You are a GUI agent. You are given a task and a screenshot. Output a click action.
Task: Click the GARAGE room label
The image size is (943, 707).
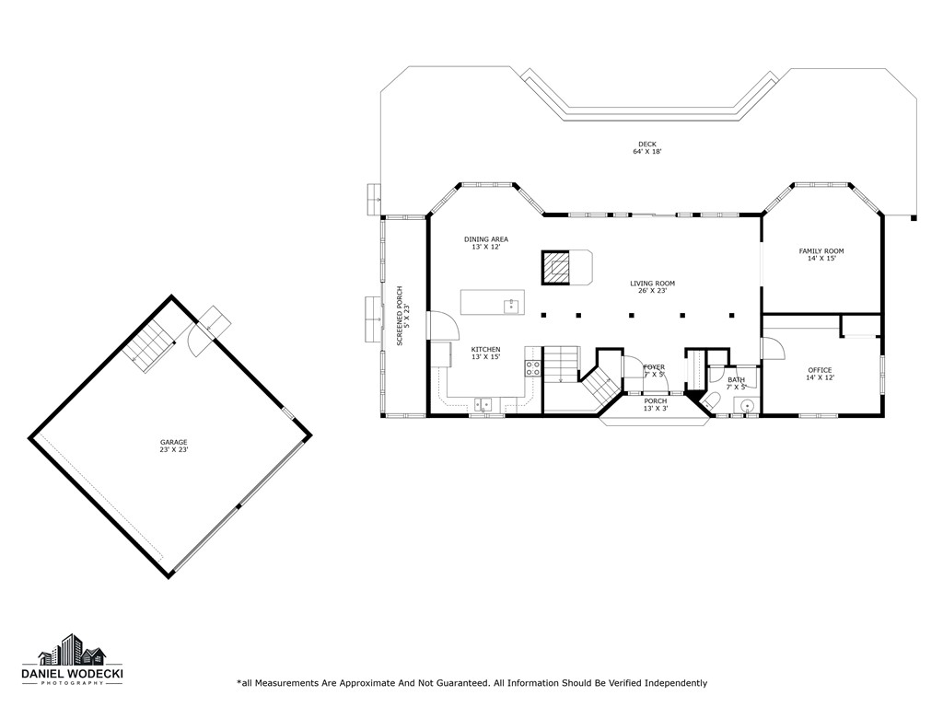click(173, 442)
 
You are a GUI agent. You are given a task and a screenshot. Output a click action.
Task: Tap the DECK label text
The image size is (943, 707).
click(647, 145)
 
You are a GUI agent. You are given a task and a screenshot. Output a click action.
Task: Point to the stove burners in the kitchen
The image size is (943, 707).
click(532, 368)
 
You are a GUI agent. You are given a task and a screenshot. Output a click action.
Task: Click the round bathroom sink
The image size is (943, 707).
click(747, 404)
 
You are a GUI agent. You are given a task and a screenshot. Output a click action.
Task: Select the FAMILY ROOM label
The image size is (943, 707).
click(821, 251)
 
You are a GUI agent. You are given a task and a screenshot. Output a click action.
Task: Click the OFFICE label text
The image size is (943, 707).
click(820, 370)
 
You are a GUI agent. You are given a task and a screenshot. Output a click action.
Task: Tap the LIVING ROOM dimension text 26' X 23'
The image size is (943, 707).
click(653, 291)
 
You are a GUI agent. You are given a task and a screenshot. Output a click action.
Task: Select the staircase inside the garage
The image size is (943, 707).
click(149, 347)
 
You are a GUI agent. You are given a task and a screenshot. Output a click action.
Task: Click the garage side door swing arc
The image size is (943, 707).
click(200, 344)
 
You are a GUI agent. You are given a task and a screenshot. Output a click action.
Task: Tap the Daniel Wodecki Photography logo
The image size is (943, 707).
click(72, 662)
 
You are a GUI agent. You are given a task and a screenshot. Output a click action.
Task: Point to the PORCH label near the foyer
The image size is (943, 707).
click(655, 401)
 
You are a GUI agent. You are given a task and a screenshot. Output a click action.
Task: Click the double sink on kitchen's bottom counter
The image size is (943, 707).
click(483, 403)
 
